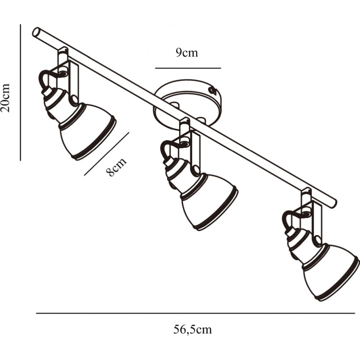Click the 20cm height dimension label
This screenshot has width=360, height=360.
(5, 98)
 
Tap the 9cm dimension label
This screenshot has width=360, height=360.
(187, 53)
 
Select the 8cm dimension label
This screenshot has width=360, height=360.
(116, 167)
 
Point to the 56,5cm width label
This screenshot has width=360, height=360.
(193, 330)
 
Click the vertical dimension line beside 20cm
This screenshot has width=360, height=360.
(21, 93)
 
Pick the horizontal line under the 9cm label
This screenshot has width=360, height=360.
(188, 68)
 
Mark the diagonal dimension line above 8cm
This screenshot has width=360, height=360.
(107, 154)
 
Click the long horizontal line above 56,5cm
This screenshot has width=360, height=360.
(196, 313)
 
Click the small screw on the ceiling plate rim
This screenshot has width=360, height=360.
(213, 90)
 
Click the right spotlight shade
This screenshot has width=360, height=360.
(330, 272)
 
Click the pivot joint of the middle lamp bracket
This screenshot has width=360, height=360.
(196, 170)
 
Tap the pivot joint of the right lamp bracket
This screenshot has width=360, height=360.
(318, 240)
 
